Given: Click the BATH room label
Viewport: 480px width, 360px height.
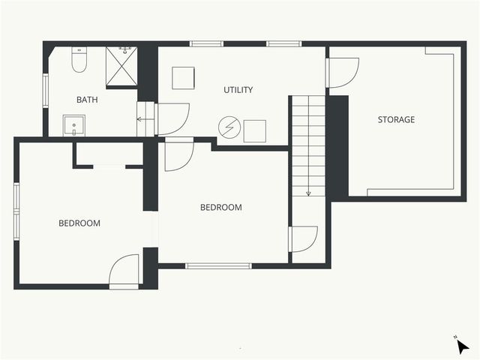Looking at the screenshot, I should (x=87, y=99).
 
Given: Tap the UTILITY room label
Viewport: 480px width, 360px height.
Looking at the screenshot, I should (x=238, y=90).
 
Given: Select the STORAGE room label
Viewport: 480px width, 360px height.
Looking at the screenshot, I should (x=396, y=119).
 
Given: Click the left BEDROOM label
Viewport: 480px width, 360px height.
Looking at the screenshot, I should (x=79, y=223).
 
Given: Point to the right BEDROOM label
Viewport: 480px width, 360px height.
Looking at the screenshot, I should (x=221, y=208).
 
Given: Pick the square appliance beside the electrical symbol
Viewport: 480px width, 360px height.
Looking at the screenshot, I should (x=255, y=130).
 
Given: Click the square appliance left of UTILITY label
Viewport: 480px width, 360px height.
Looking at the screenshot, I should (x=183, y=78).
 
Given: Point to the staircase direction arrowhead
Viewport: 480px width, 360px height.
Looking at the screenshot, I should (x=308, y=193).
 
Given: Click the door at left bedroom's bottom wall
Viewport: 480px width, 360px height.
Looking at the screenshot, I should (x=124, y=271).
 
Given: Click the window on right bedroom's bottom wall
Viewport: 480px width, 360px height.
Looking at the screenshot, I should (x=218, y=265).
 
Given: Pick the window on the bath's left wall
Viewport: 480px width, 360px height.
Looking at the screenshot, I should (x=45, y=89).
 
